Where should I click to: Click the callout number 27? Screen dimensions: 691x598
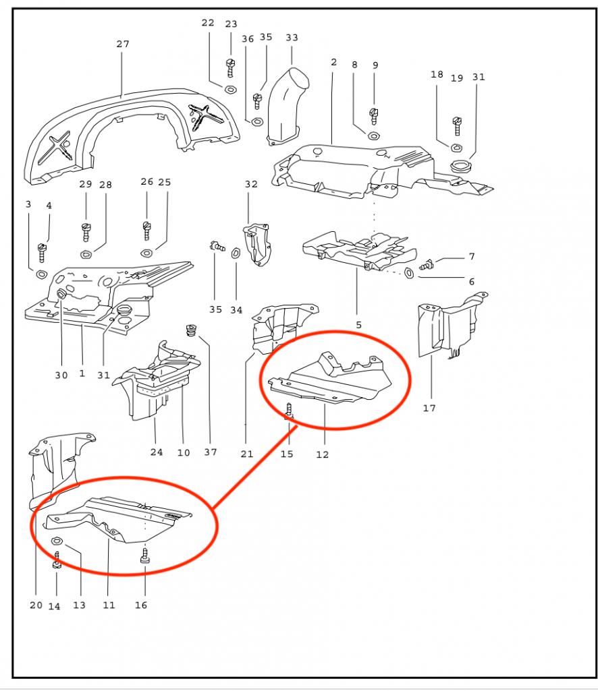click(122, 44)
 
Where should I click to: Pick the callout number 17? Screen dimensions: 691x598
click(429, 408)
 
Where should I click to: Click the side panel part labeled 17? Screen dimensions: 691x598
click(445, 326)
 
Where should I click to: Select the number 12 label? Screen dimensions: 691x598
click(322, 454)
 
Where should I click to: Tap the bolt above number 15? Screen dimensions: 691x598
click(289, 409)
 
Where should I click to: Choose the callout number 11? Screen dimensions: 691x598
click(109, 605)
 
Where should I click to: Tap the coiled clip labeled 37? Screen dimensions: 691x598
click(190, 331)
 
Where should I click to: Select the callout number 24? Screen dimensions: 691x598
click(157, 452)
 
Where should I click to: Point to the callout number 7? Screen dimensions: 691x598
click(471, 257)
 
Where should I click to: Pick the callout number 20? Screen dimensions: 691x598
click(36, 605)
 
